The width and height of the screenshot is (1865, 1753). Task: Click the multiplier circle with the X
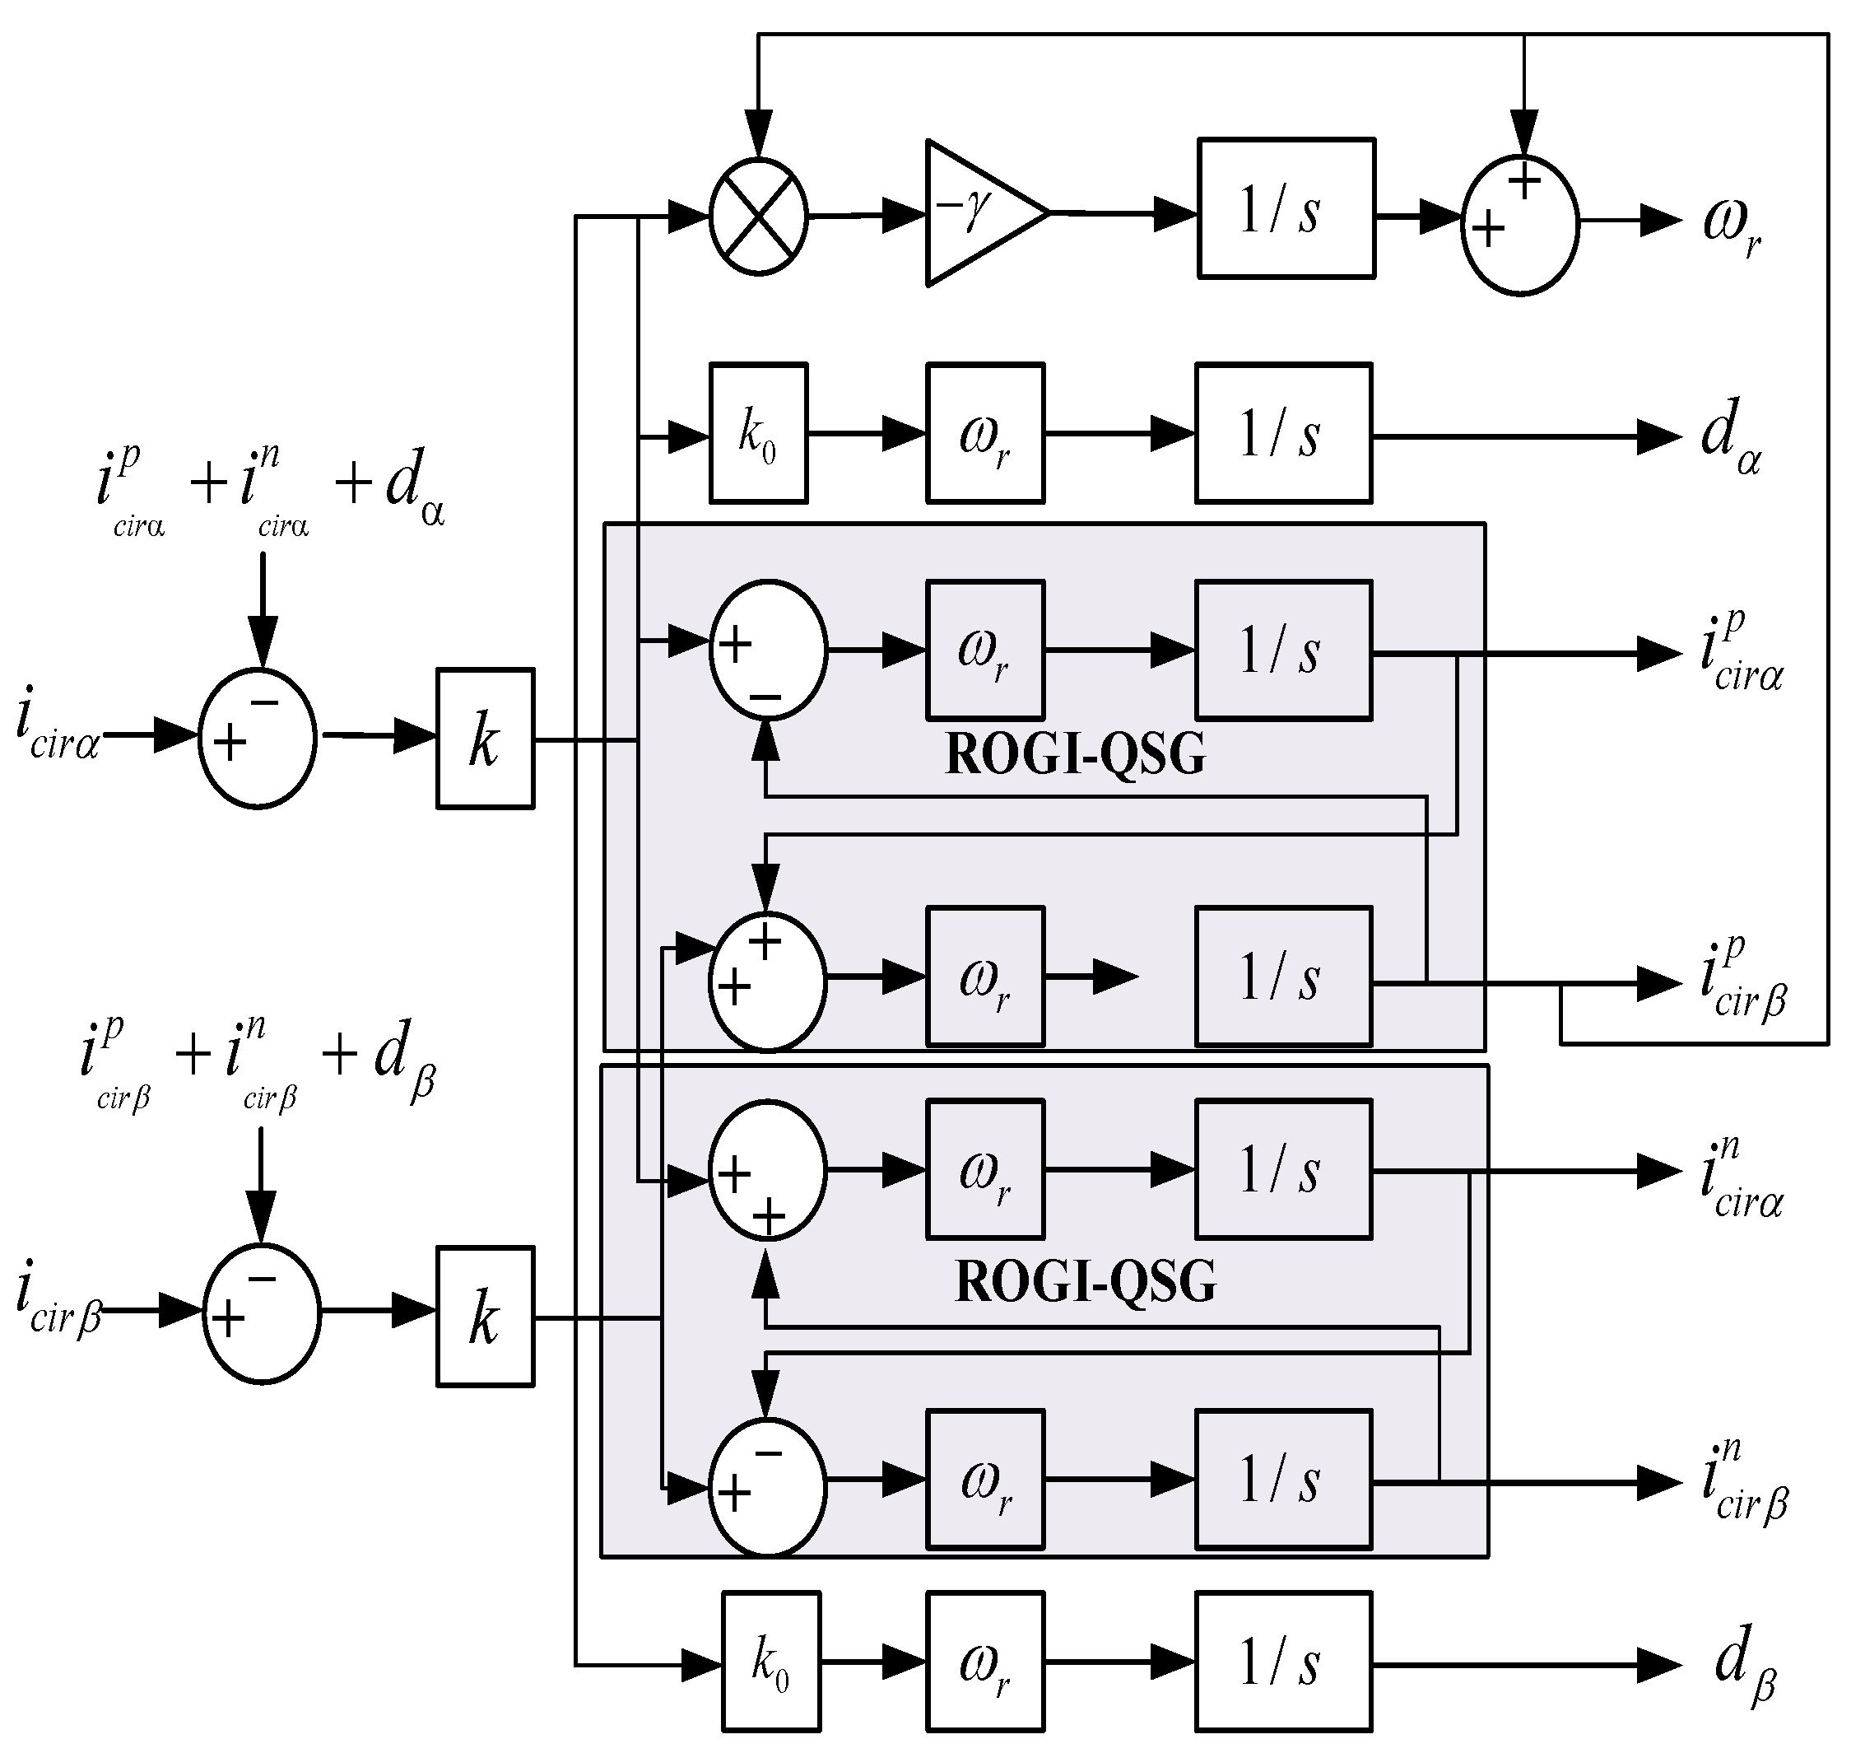[x=758, y=217]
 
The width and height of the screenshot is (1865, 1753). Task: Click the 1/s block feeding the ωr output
[x=1286, y=208]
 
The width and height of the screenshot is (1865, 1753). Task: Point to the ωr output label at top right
[x=1731, y=226]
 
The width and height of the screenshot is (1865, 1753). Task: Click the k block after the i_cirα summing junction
[x=484, y=739]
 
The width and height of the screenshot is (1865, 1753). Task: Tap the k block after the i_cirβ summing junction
[x=484, y=1317]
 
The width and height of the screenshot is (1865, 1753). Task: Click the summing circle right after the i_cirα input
[x=257, y=738]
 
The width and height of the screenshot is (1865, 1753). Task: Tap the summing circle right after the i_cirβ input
[x=262, y=1314]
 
